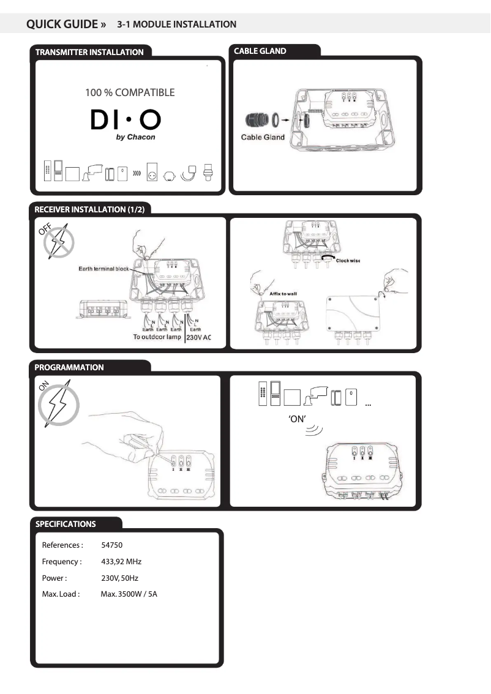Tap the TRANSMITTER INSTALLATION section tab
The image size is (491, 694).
click(89, 52)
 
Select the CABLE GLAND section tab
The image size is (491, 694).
click(260, 51)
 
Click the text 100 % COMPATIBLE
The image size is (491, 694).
click(130, 93)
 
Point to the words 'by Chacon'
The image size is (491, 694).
click(135, 137)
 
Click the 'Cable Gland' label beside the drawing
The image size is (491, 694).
click(263, 137)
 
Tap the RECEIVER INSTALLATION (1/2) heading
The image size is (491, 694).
click(89, 209)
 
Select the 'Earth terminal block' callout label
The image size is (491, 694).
click(103, 269)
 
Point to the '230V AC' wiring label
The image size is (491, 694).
click(198, 337)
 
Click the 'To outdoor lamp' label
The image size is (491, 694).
click(157, 337)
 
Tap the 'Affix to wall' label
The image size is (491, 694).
click(283, 294)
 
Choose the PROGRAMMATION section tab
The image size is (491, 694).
click(69, 367)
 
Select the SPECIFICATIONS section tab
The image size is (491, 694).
click(66, 524)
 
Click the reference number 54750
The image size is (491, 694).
click(112, 545)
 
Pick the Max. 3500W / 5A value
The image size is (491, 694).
click(129, 594)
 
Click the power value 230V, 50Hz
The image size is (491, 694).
click(120, 578)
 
